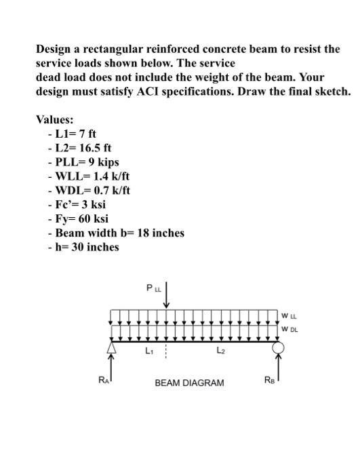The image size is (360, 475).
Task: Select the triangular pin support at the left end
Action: tap(113, 348)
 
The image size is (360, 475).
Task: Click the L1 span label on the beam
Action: tap(148, 351)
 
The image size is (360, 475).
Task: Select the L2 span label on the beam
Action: tap(218, 351)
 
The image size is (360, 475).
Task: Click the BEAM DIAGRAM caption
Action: tap(189, 383)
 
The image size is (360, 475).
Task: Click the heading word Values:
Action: tap(56, 119)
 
